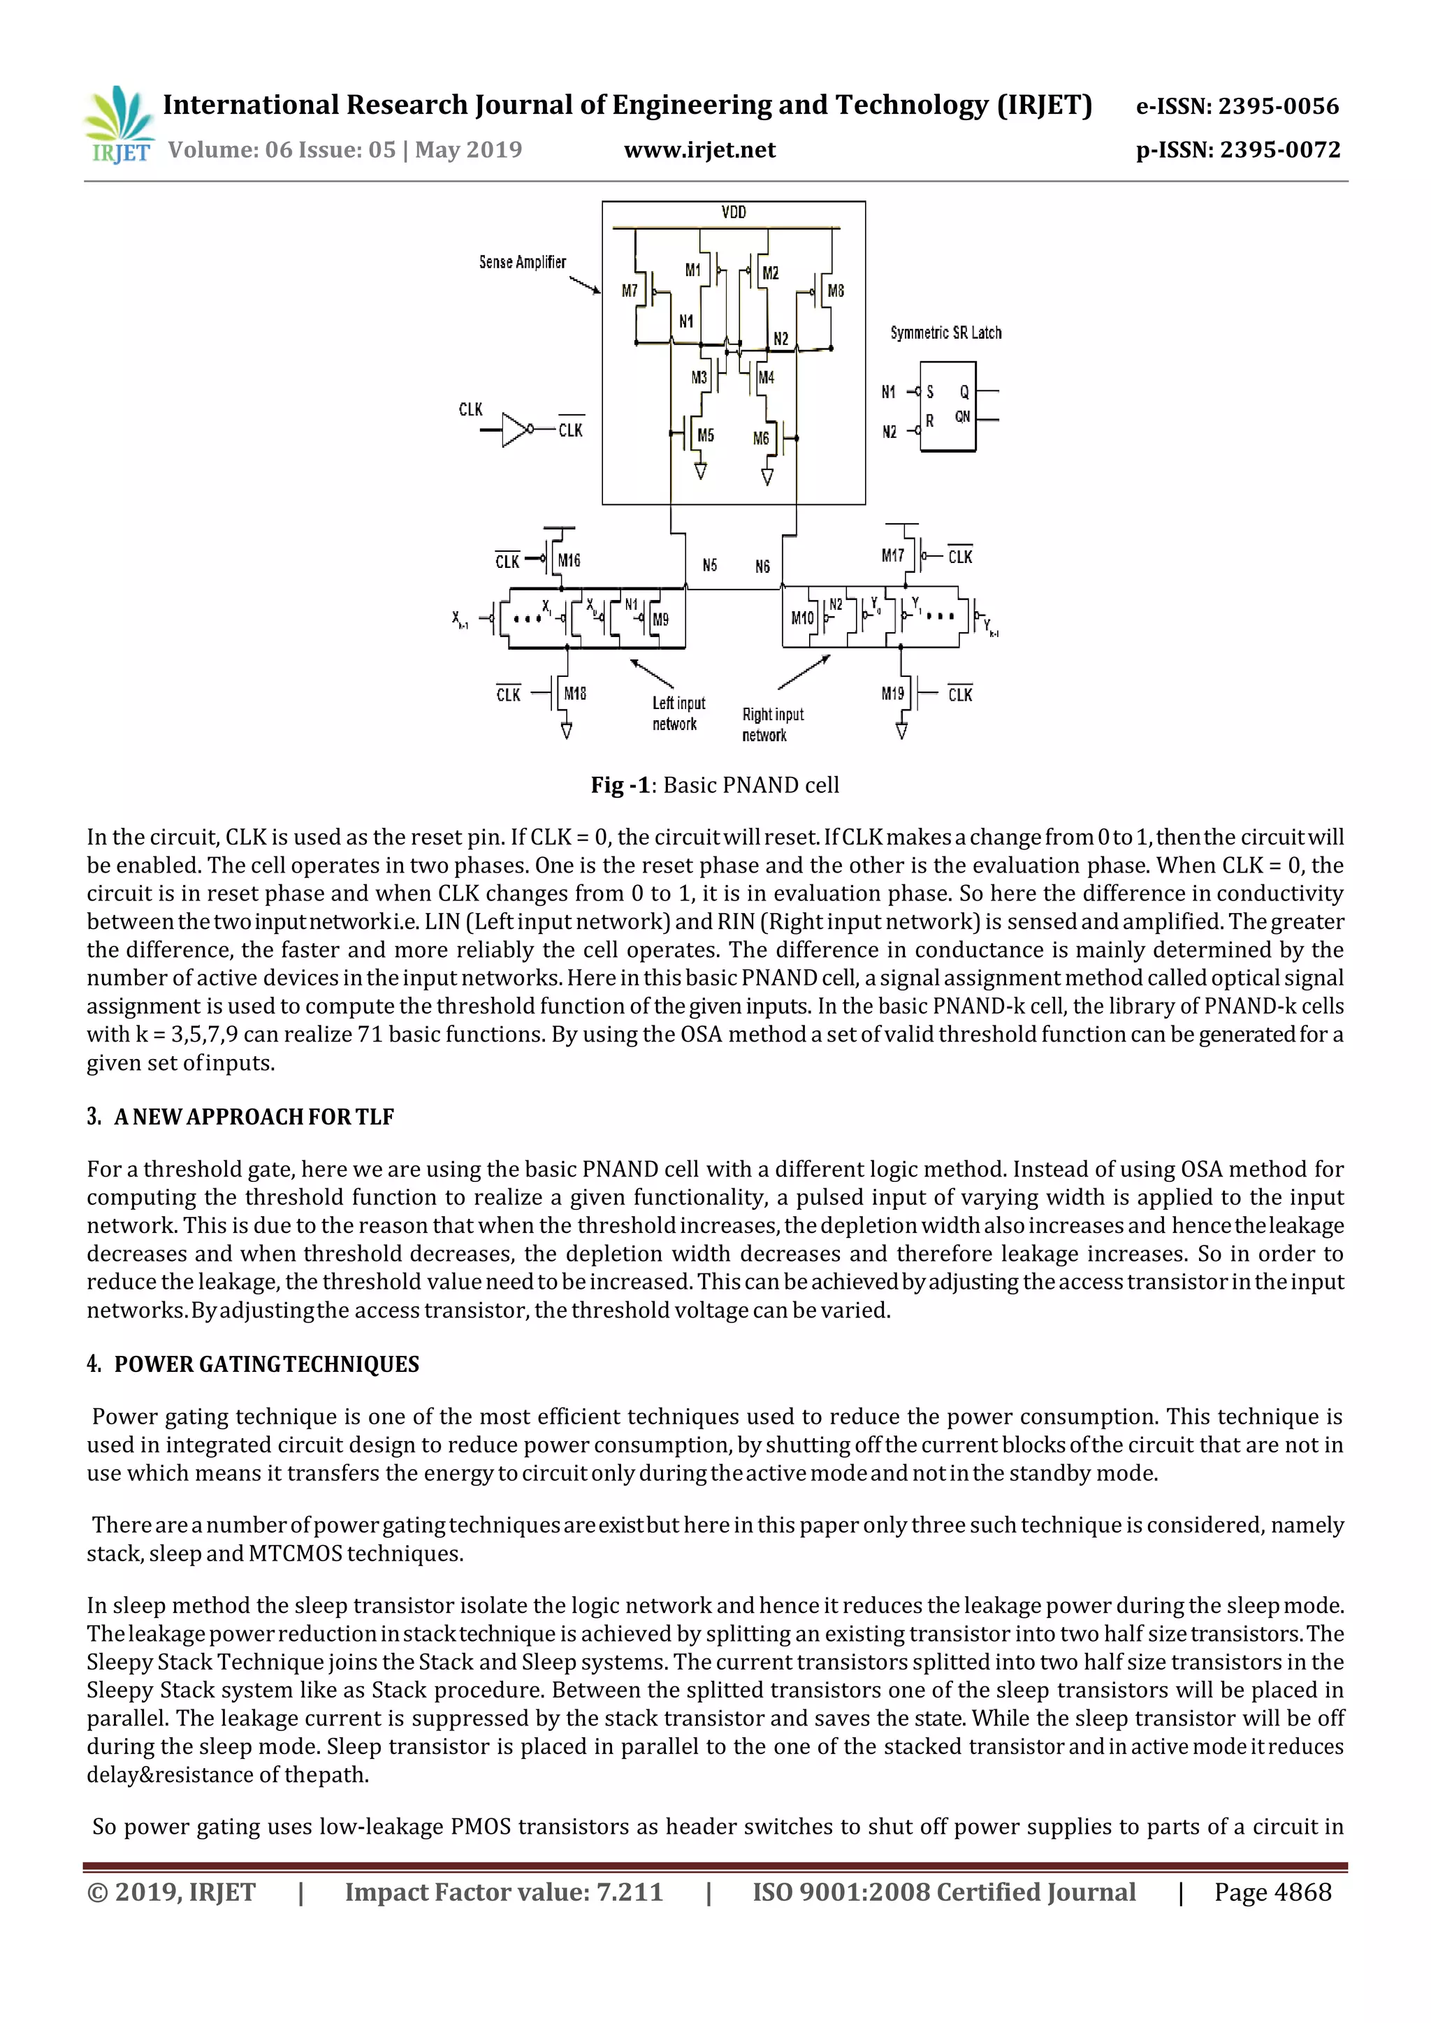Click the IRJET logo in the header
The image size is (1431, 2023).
[118, 125]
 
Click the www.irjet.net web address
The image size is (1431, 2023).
[699, 151]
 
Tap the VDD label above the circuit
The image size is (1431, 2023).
[733, 212]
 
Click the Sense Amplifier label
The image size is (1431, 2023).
[523, 263]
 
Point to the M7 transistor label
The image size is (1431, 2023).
[629, 291]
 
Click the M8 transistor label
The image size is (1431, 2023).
[836, 291]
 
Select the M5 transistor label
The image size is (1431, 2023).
[706, 435]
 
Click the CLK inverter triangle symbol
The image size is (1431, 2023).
[514, 430]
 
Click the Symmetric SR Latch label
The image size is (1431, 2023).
[945, 333]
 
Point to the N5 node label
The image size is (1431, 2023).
[709, 565]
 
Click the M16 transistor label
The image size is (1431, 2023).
[569, 560]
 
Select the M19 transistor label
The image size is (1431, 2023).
[892, 694]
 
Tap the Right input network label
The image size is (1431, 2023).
[772, 724]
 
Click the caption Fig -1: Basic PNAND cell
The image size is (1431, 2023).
[715, 785]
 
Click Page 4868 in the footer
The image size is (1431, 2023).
[1272, 1892]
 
